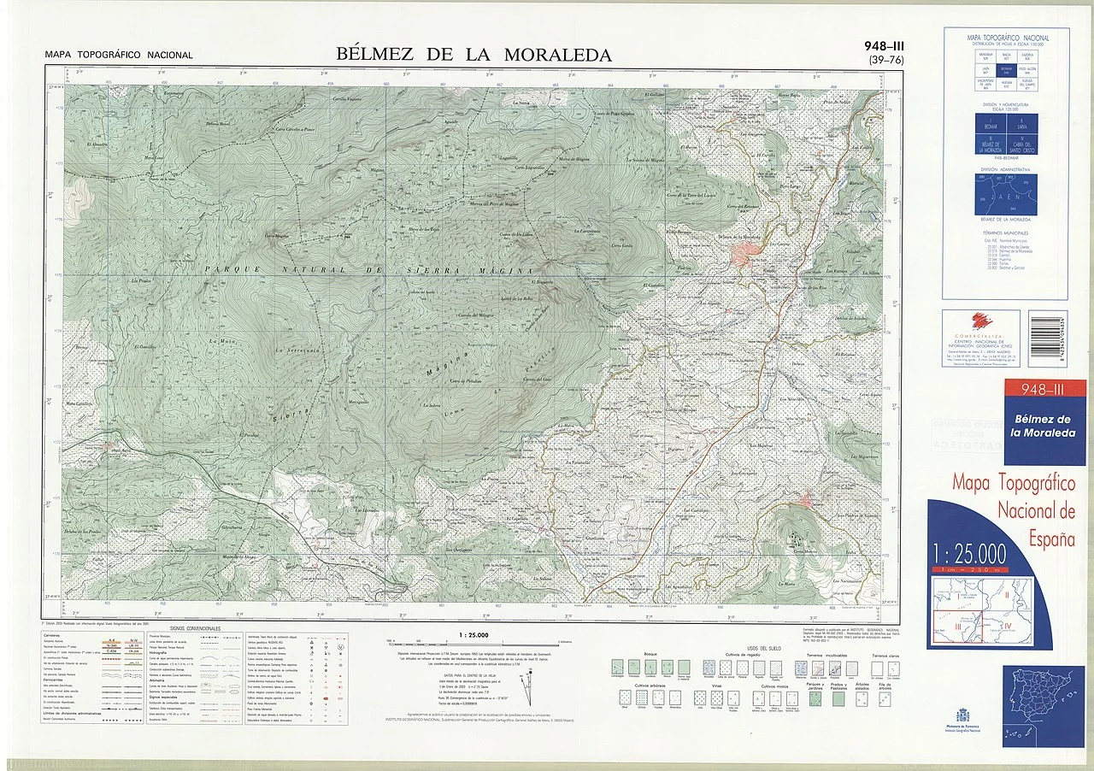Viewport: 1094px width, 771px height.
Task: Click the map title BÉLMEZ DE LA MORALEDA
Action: click(474, 55)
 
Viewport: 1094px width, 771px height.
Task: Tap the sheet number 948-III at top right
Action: click(884, 46)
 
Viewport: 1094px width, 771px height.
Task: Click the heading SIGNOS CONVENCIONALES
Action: click(196, 628)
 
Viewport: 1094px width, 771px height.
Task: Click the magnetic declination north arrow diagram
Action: click(533, 684)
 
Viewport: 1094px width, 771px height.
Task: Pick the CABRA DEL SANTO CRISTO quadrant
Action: click(1022, 144)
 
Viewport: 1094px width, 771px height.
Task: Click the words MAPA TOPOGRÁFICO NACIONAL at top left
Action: click(119, 56)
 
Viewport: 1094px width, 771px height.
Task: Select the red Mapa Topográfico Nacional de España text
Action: click(1013, 511)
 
